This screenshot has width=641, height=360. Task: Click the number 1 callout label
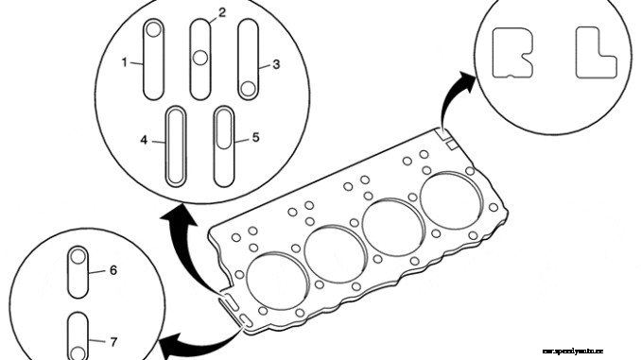point(125,62)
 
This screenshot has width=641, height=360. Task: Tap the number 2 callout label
point(222,12)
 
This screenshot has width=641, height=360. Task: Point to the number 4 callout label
point(145,140)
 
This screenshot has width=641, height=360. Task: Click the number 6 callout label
point(113,270)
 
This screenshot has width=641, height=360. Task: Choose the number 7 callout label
point(113,339)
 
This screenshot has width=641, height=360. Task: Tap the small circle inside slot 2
point(200,58)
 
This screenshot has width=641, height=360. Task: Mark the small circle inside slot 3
point(247,89)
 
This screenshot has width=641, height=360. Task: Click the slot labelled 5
point(224,146)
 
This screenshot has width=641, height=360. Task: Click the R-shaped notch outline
point(511,51)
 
